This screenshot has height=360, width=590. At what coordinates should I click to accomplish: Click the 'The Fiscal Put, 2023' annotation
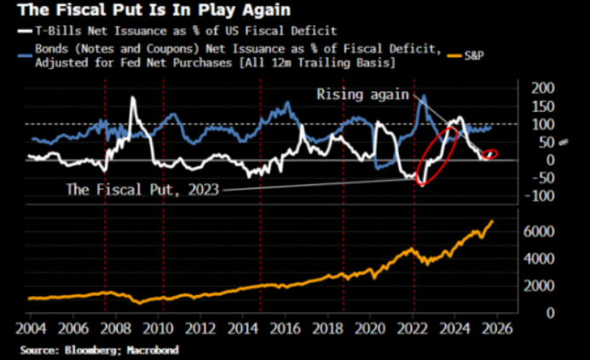coord(142,189)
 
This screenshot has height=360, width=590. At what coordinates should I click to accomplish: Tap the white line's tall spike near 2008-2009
coord(133,99)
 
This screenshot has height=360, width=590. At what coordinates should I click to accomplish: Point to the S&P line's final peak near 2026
coord(492,221)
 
